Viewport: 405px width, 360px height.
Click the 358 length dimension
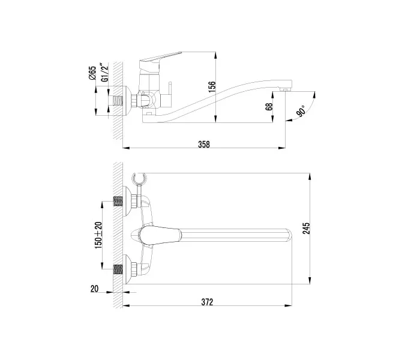[204, 144]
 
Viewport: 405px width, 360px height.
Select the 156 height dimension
[211, 87]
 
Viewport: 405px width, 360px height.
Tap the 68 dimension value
[269, 107]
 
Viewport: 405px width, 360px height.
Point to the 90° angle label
[300, 111]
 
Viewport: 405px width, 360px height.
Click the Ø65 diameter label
[92, 73]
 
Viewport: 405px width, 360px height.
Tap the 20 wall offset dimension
[94, 289]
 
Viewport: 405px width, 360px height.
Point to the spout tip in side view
[287, 89]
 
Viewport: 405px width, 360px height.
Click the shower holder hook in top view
[139, 178]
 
